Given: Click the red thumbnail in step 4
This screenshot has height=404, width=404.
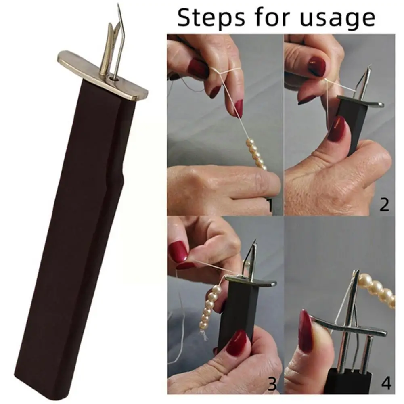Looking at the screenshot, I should pyautogui.click(x=306, y=331).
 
